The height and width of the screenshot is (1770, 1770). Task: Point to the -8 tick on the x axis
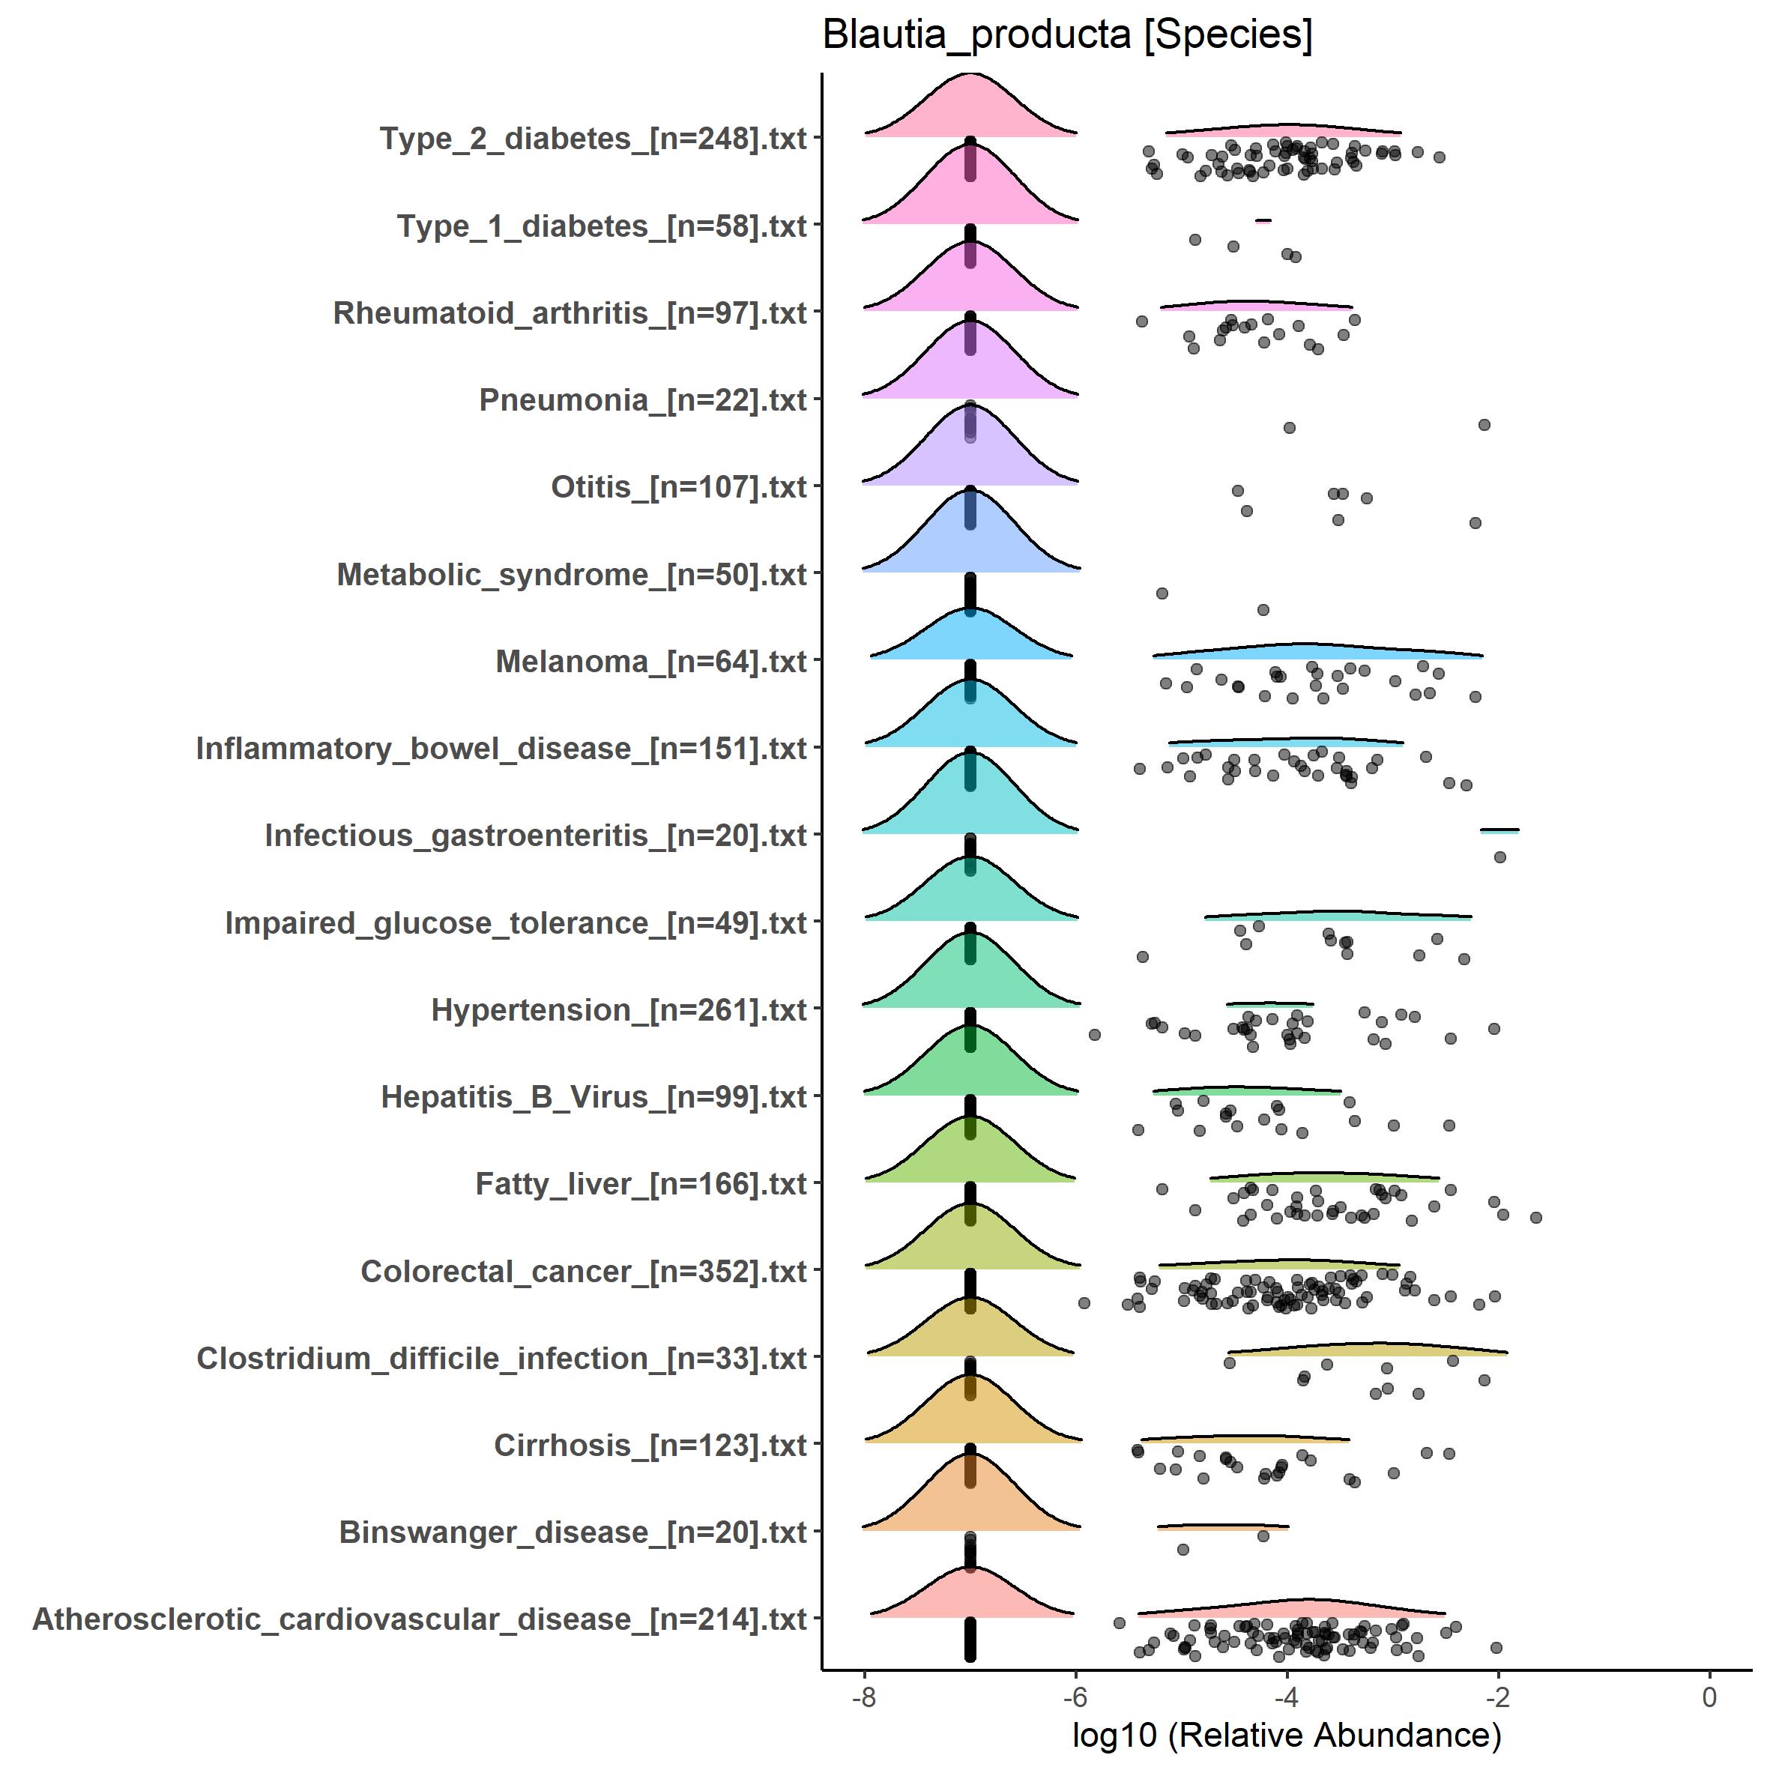[864, 1697]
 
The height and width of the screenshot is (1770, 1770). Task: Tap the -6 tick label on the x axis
[1075, 1697]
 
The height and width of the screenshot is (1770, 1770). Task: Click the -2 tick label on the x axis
[1497, 1697]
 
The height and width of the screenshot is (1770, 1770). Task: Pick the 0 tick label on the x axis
[1709, 1697]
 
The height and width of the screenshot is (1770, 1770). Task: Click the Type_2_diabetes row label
[593, 139]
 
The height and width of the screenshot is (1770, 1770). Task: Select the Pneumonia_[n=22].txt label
[642, 400]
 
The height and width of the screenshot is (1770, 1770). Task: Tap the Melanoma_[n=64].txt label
[650, 662]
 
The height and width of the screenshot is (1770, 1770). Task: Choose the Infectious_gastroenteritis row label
[535, 836]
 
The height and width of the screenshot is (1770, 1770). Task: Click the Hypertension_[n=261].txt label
[618, 1009]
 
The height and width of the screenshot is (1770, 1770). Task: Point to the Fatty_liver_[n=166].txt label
[641, 1184]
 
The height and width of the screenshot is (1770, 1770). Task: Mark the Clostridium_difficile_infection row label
[501, 1358]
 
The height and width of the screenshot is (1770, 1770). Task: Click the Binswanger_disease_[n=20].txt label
[573, 1532]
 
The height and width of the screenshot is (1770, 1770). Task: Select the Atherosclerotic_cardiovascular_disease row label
[420, 1619]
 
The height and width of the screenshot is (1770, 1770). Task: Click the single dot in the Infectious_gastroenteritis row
[1499, 857]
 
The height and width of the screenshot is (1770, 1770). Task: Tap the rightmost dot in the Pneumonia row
[1484, 425]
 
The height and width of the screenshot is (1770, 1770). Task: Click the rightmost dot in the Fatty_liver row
[1536, 1218]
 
